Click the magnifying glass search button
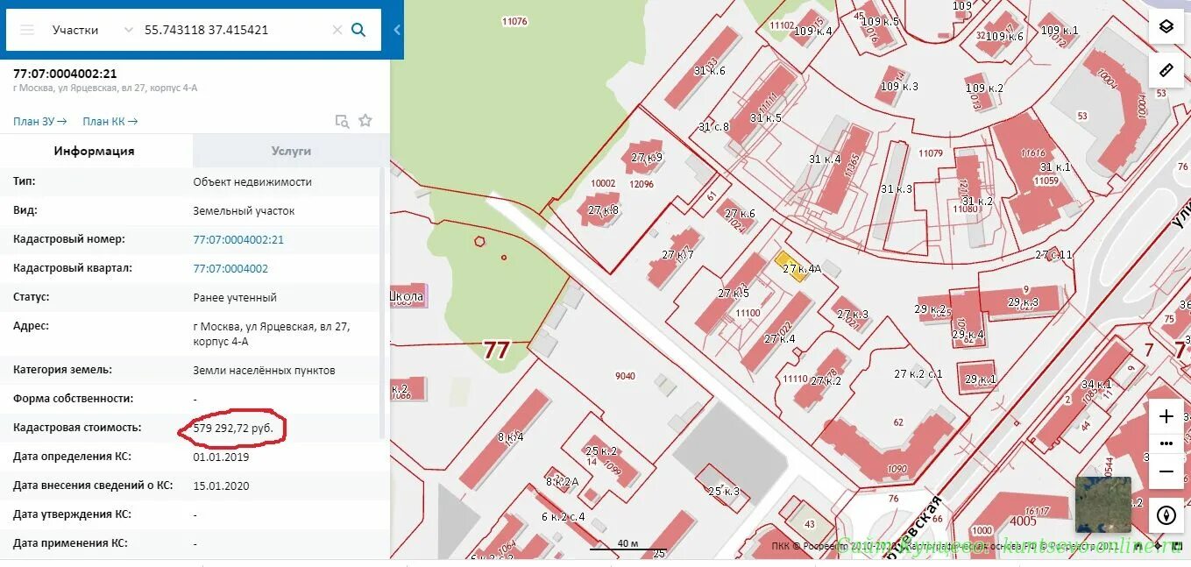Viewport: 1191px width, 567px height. coord(358,30)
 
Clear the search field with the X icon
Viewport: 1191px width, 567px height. coord(337,30)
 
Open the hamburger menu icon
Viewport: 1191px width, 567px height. coord(27,30)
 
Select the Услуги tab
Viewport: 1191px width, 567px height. coord(291,151)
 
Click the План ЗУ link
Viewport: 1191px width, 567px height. coord(40,122)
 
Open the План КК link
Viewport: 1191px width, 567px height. coord(110,122)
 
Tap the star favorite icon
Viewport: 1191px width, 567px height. coord(365,121)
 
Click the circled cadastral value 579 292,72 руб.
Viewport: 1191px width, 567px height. coord(233,429)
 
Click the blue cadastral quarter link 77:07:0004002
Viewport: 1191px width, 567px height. coord(230,268)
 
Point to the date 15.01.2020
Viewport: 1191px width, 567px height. coord(221,485)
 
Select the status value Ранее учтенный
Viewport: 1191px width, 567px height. coord(235,297)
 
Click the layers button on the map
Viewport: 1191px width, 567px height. coord(1166,26)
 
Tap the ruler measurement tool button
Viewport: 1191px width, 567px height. coord(1166,70)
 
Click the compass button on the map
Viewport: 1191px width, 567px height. coord(1166,514)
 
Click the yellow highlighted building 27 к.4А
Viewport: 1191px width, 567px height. coord(791,265)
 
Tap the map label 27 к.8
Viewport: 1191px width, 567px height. coord(603,210)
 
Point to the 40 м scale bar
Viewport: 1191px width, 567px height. coord(627,545)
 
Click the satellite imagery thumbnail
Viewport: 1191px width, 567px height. coord(1102,505)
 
